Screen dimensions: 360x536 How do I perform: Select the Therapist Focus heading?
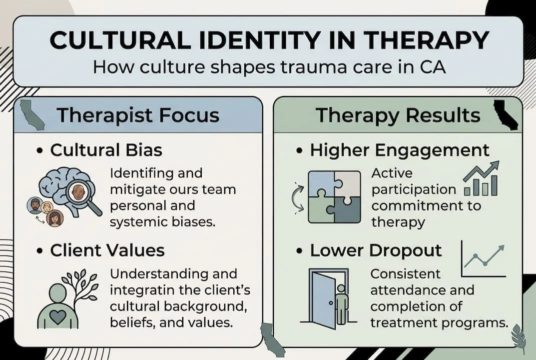[138, 115]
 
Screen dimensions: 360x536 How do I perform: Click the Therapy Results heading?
[398, 115]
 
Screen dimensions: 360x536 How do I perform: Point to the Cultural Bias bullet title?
[106, 150]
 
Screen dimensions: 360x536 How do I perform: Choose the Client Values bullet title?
[107, 250]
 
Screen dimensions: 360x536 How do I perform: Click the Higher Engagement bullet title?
[400, 150]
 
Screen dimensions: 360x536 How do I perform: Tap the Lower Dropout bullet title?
[376, 250]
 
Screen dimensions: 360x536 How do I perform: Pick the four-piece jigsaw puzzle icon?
[334, 196]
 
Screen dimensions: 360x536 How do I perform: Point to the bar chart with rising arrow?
[481, 178]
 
